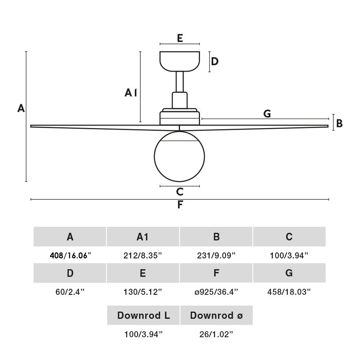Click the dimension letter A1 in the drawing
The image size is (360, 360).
point(131,93)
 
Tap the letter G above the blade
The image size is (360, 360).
point(267,114)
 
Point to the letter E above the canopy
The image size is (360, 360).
point(180,38)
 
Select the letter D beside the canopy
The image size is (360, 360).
point(215,62)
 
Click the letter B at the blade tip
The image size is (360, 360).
point(339,124)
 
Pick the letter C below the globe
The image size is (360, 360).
point(180,192)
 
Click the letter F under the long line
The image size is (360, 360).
point(180,205)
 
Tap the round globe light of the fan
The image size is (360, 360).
point(180,156)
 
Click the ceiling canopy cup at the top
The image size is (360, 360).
point(180,61)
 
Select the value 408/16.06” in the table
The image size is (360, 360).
point(70,256)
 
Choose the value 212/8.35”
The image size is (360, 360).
point(143,256)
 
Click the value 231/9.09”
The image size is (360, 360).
point(216,256)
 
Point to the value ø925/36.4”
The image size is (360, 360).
point(216,292)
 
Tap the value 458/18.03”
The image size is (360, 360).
point(289,292)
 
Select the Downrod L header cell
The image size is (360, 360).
point(143,315)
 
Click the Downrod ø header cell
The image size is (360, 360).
point(216,315)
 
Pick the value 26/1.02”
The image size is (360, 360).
point(216,334)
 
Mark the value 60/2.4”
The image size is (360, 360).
point(70,292)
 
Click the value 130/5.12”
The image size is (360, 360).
point(143,292)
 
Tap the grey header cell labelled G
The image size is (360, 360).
point(289,273)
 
